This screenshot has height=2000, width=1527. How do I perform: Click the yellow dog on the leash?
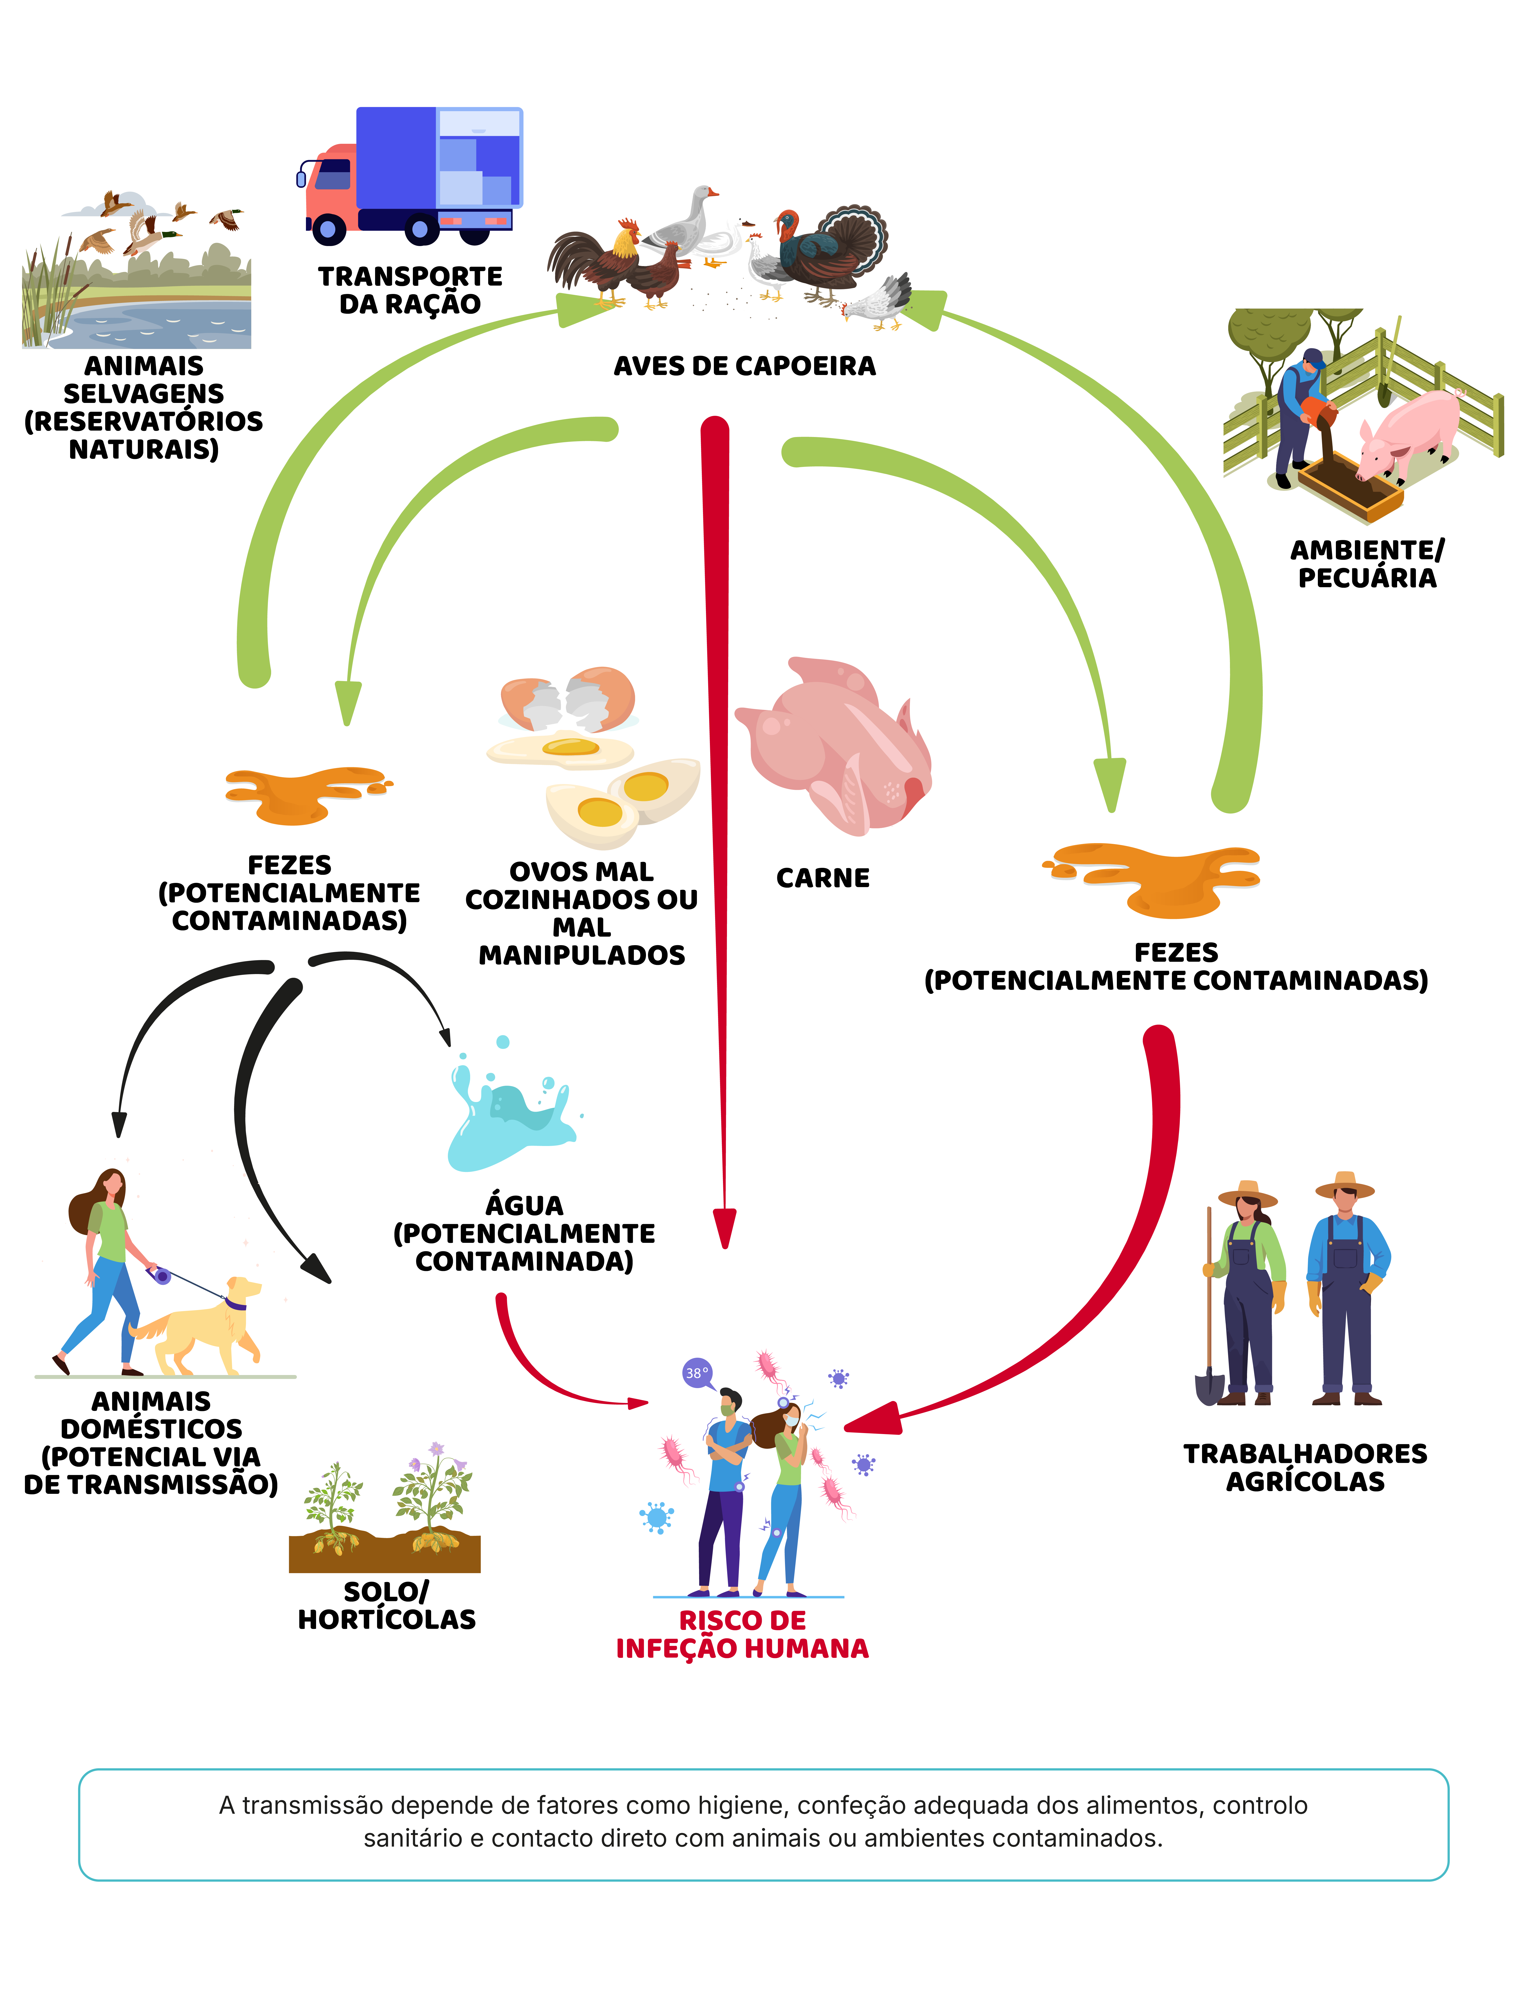point(204,1323)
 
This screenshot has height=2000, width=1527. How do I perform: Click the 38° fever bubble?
point(696,1373)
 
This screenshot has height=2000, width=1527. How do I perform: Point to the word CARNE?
point(823,878)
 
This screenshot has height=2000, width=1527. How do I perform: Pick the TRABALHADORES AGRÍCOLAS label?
point(1305,1467)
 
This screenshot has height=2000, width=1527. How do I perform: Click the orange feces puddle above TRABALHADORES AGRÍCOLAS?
point(1154,877)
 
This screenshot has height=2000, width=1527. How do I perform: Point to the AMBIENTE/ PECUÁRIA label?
point(1367,564)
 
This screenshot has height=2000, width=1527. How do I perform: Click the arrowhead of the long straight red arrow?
point(724,1227)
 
